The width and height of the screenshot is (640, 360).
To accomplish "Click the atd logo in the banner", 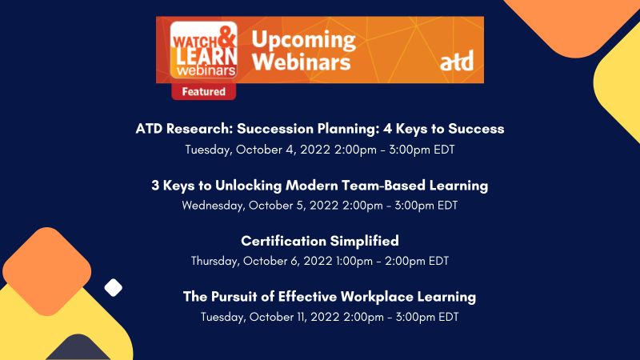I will coord(456,60).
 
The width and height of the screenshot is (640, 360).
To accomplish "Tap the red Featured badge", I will coord(203,92).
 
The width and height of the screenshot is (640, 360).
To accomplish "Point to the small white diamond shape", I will coord(114,287).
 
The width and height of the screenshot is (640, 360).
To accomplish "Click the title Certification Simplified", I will coord(320,241).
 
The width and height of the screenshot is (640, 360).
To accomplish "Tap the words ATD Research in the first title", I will coord(186,129).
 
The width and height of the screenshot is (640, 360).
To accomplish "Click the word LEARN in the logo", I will coord(194,50).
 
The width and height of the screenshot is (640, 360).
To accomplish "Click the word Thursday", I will coord(217,261).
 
